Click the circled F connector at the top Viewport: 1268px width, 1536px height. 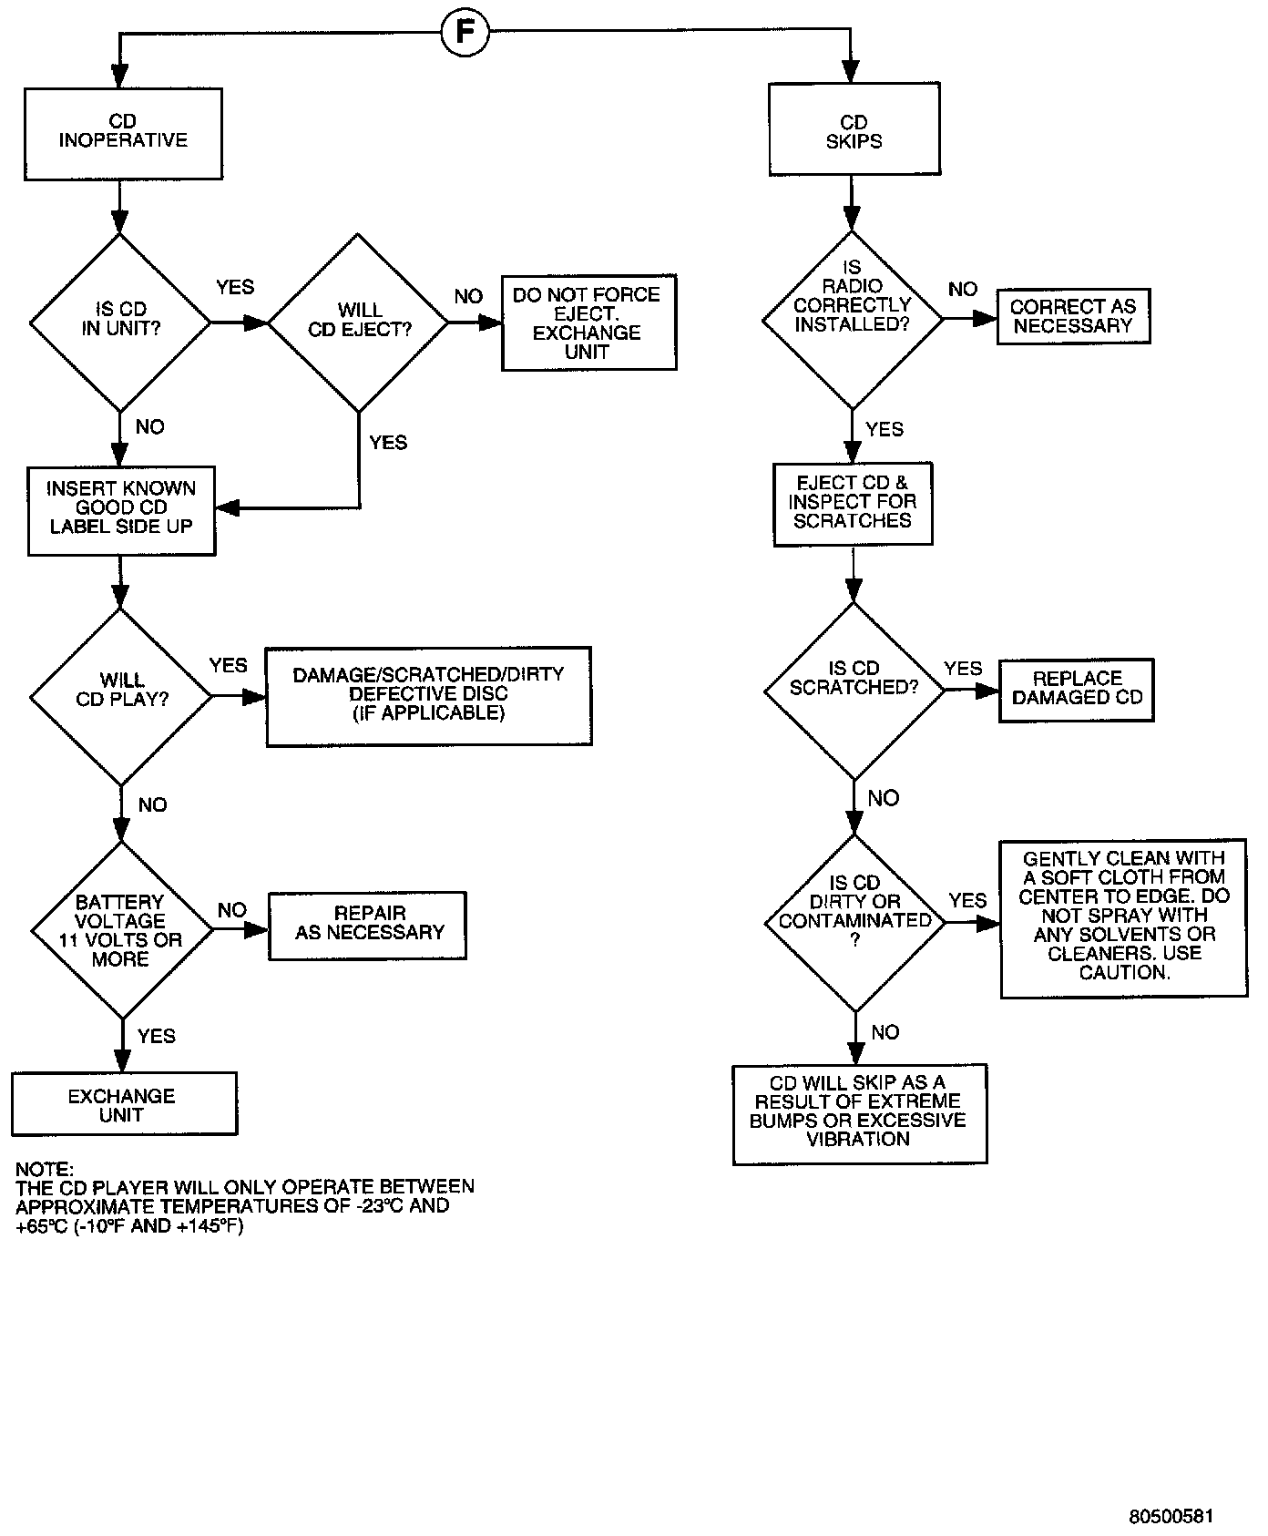tap(465, 35)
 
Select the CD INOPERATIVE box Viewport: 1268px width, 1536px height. tap(123, 133)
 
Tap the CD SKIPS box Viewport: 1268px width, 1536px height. tap(854, 130)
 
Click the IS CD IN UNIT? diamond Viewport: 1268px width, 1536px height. tap(120, 321)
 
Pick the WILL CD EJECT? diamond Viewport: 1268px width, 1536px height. tap(359, 321)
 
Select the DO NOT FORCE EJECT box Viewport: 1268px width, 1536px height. tap(588, 323)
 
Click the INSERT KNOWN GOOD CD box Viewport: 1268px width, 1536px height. tap(122, 509)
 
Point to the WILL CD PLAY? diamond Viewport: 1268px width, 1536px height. tap(121, 696)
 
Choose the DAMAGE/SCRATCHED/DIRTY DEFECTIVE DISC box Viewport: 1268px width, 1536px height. tap(428, 696)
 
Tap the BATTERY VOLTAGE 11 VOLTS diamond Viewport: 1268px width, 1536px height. tap(121, 930)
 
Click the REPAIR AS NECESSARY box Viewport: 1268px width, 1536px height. tap(368, 926)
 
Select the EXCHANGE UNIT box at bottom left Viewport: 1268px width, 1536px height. tap(124, 1104)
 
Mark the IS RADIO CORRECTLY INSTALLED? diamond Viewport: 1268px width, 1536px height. tap(853, 319)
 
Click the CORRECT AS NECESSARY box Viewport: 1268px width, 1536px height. tap(1073, 317)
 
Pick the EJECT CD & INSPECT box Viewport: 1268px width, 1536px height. tap(853, 504)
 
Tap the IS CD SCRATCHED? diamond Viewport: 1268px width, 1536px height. tap(854, 690)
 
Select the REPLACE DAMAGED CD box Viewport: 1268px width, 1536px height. tap(1077, 691)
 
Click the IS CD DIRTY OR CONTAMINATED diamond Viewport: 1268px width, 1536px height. tap(854, 922)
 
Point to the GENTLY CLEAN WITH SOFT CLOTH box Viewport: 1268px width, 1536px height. tap(1123, 918)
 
